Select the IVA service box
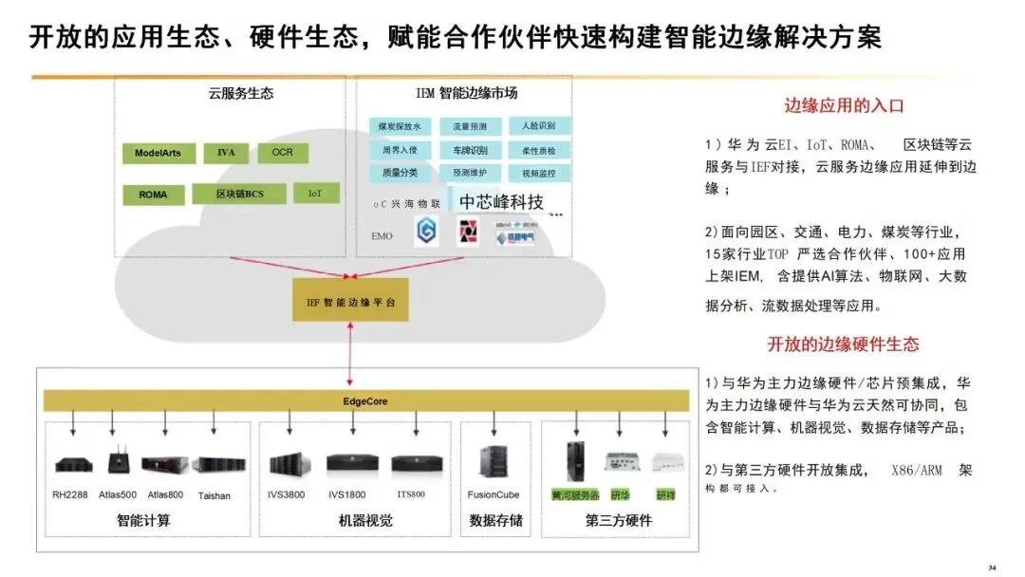coord(226,152)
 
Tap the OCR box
coord(283,152)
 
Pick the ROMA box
coord(153,195)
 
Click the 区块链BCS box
coord(239,194)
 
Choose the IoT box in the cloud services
coord(315,193)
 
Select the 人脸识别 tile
coord(539,125)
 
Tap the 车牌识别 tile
coord(470,150)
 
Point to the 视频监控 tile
coord(539,174)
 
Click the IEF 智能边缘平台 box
coord(350,300)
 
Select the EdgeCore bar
coord(364,400)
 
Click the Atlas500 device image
coord(118,463)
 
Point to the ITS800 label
coord(411,494)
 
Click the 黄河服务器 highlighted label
coord(575,495)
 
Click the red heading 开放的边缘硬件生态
coord(843,344)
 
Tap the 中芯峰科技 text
coord(502,202)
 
